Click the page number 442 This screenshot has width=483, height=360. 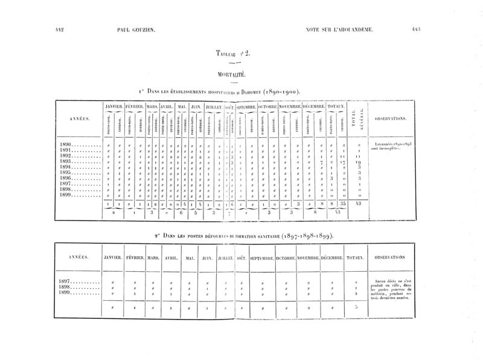[59, 29]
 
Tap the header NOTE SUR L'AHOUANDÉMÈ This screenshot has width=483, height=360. [340, 29]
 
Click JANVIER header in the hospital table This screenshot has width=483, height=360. [114, 106]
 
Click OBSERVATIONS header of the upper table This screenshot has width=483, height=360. [391, 118]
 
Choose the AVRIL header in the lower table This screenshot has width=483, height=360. [171, 257]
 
